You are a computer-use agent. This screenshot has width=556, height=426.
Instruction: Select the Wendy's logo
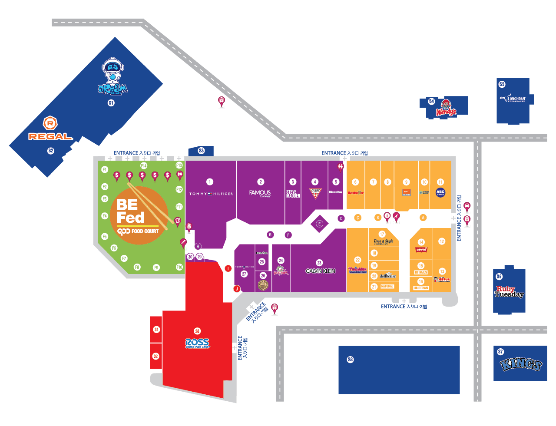[446, 109]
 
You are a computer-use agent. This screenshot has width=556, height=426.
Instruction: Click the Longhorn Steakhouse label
[513, 99]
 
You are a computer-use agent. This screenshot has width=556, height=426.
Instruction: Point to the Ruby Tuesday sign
[509, 291]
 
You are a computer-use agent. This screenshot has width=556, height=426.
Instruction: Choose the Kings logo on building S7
[520, 364]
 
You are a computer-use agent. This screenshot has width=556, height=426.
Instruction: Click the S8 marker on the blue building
[351, 360]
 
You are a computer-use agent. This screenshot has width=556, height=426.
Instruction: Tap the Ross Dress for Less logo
[197, 343]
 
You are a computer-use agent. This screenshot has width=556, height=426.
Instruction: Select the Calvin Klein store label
[320, 271]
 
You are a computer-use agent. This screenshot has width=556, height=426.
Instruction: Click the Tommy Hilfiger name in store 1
[211, 194]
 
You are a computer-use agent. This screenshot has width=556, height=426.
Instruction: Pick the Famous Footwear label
[260, 193]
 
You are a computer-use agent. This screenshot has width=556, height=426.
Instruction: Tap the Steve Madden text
[293, 194]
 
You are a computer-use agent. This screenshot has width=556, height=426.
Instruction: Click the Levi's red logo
[421, 250]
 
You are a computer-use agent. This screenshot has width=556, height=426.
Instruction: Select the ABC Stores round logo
[440, 192]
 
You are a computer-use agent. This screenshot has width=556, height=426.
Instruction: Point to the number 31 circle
[156, 330]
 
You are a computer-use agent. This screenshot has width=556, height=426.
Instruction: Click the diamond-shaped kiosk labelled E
[319, 224]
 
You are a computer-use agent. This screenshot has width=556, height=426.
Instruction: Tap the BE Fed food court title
[130, 211]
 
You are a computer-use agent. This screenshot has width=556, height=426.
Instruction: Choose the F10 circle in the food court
[179, 267]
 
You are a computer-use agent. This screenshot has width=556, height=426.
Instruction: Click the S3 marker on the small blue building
[201, 151]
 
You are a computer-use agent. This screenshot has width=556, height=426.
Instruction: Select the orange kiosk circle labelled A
[423, 218]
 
